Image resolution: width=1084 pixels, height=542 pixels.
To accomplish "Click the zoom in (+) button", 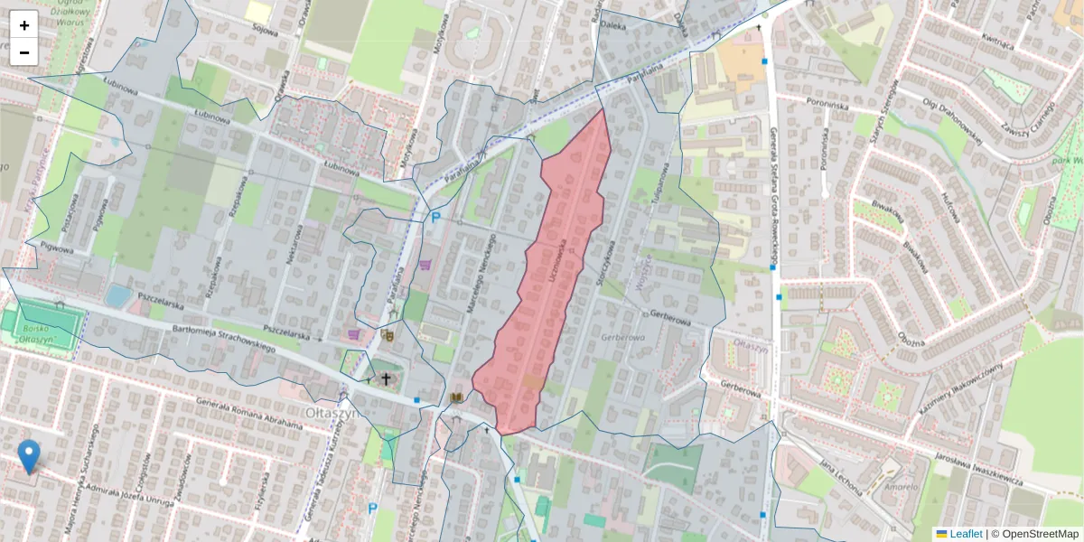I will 24,25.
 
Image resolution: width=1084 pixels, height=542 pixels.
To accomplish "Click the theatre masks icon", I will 388,335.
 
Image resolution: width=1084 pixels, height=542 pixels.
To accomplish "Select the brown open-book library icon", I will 456,397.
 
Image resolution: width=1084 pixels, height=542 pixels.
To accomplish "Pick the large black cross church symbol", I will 386,378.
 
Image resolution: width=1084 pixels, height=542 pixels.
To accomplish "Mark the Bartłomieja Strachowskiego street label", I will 223,341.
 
